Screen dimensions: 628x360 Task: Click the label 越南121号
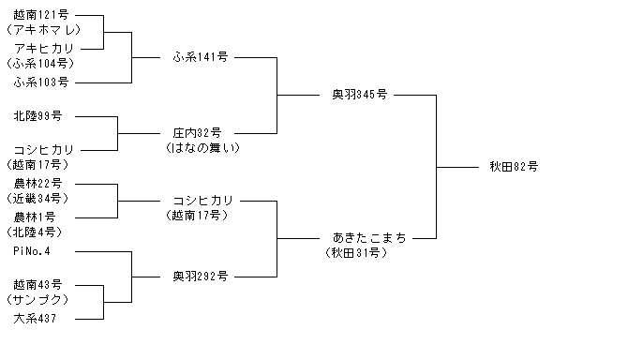41,15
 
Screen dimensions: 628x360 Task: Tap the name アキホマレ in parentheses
44,30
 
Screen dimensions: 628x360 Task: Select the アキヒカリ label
44,49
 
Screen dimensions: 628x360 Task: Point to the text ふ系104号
41,63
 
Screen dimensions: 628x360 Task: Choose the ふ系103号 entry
41,82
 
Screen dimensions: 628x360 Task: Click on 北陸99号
37,115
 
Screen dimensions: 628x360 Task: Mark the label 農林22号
37,184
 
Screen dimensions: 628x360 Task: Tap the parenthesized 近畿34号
37,198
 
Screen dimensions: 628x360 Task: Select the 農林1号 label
35,217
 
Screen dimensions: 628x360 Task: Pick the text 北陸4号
35,232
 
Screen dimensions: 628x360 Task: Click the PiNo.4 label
32,251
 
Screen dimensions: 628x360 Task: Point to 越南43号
37,285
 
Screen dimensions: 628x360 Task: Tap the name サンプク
37,300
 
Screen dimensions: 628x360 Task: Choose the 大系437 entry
35,319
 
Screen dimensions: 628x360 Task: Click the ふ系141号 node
201,57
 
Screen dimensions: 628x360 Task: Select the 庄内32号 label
197,132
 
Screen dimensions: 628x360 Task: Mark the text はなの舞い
202,148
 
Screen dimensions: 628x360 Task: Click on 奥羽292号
201,277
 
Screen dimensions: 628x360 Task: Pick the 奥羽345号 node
360,95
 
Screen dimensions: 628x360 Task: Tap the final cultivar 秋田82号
514,166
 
